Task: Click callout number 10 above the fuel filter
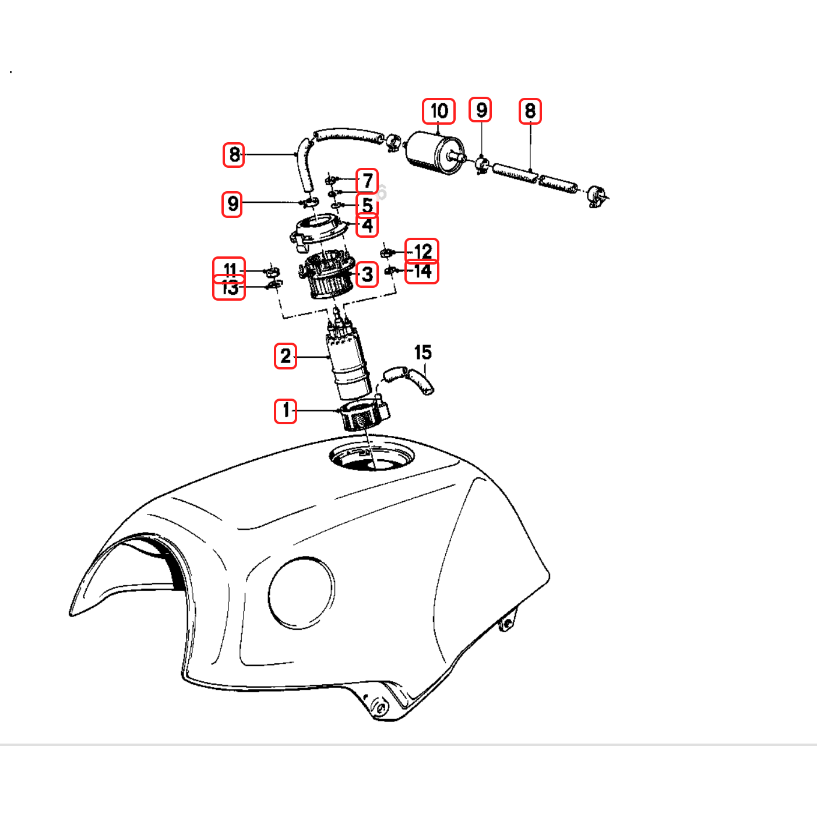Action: tap(439, 111)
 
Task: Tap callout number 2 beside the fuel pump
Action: tap(286, 356)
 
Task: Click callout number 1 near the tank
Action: tap(286, 411)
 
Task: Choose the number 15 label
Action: tap(423, 353)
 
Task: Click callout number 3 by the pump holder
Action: tap(367, 274)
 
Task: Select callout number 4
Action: tap(367, 226)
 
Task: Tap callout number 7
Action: tap(367, 181)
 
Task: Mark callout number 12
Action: tap(422, 251)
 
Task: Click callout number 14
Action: tap(422, 272)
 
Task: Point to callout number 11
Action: tap(230, 269)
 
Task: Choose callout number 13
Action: tap(230, 288)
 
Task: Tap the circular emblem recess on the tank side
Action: tap(301, 593)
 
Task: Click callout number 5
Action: tap(367, 205)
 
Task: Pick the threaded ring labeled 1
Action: tap(364, 415)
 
